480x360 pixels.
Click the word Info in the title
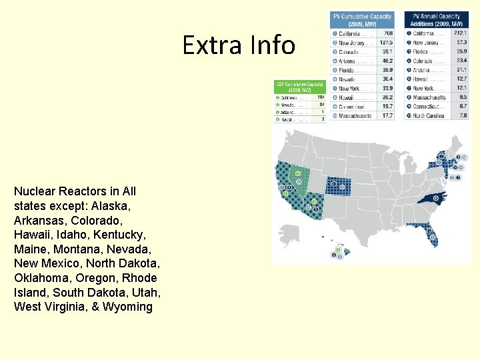click(x=272, y=45)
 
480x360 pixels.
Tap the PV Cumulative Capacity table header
click(x=363, y=19)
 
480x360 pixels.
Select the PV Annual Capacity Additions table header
click(x=436, y=19)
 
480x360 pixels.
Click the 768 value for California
click(x=387, y=33)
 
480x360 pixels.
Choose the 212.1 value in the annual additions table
click(x=459, y=33)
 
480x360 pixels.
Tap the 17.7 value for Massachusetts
click(x=387, y=116)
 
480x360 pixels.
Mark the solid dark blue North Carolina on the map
click(x=432, y=198)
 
